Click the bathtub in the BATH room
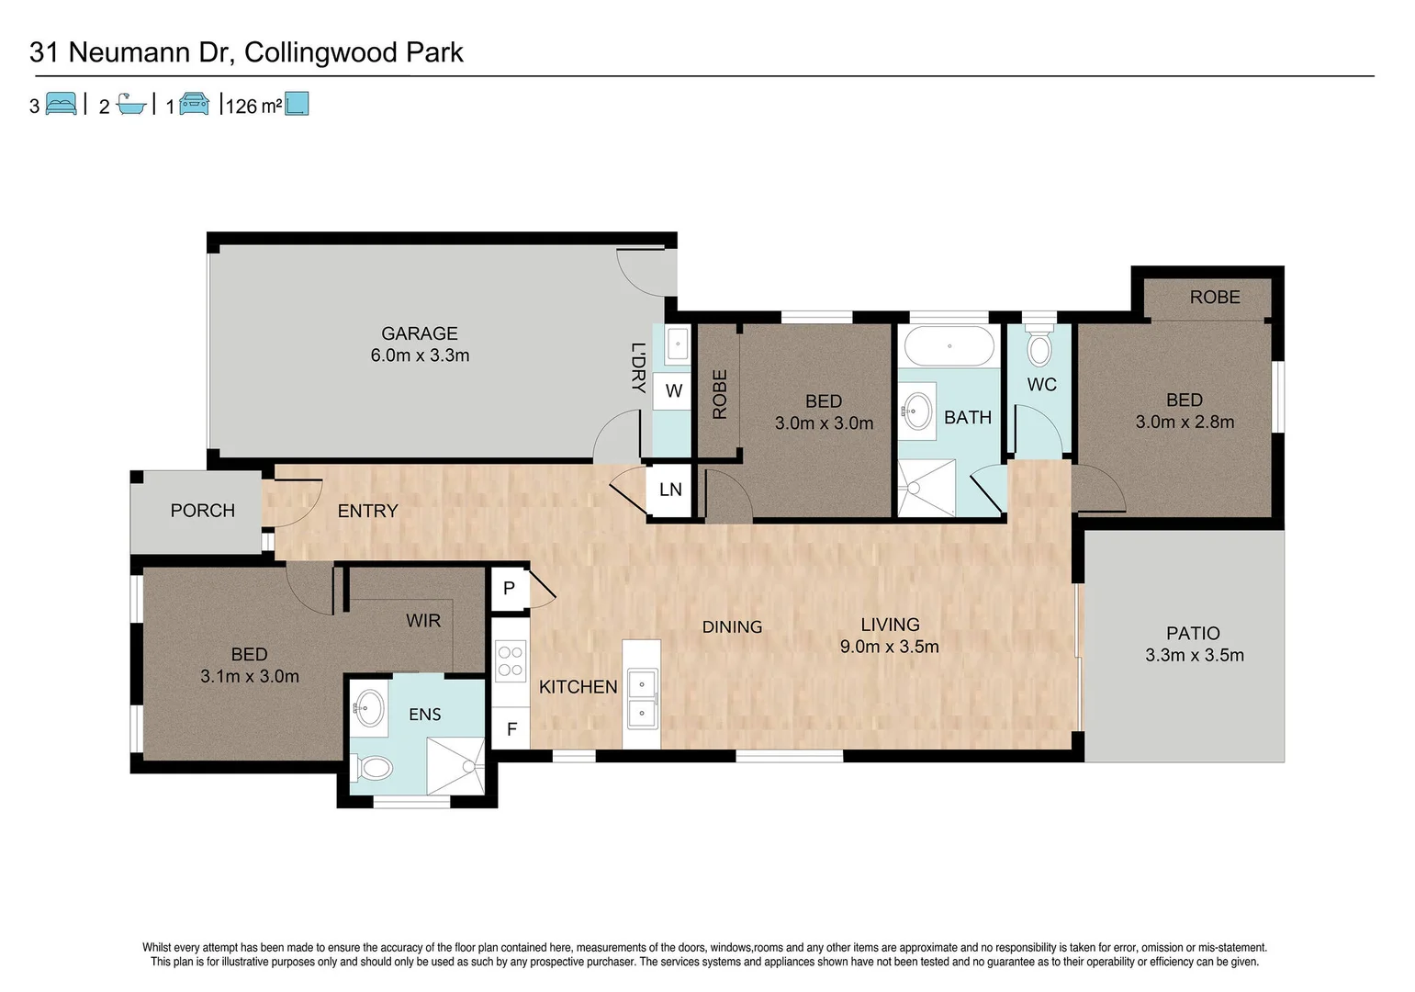pos(949,347)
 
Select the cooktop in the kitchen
pos(511,661)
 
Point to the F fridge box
pos(511,729)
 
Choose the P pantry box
pos(510,588)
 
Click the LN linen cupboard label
pos(670,490)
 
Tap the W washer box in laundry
pos(673,391)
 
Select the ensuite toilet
pos(372,767)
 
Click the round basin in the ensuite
pos(369,708)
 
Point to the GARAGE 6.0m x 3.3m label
pos(420,344)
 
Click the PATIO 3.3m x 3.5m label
pos(1194,644)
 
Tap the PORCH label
pos(203,511)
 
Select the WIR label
pos(423,621)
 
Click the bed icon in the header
pos(61,104)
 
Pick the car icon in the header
pos(194,104)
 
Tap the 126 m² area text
pos(253,107)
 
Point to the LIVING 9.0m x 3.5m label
pos(889,636)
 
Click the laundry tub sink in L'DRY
pos(677,345)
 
